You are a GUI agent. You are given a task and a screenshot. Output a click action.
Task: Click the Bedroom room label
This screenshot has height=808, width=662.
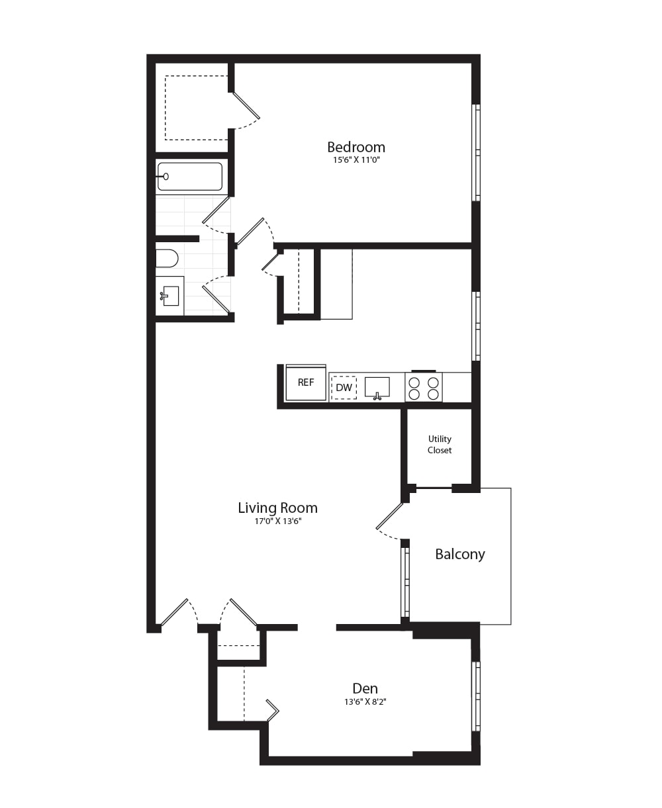pyautogui.click(x=355, y=147)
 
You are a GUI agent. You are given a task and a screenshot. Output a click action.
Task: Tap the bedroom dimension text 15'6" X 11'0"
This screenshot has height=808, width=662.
pyautogui.click(x=355, y=160)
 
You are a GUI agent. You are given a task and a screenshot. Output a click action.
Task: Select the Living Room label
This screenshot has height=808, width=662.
pyautogui.click(x=277, y=508)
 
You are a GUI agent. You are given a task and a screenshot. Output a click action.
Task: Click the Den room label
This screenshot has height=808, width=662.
pyautogui.click(x=365, y=688)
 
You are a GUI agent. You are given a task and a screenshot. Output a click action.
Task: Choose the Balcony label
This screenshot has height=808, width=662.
pyautogui.click(x=459, y=554)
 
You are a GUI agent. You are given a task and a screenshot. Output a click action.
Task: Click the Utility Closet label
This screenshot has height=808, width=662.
pyautogui.click(x=440, y=445)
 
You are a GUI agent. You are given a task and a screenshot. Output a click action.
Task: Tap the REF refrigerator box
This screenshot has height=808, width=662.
pyautogui.click(x=306, y=383)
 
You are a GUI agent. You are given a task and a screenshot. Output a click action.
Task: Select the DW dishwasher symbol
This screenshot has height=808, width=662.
pyautogui.click(x=344, y=388)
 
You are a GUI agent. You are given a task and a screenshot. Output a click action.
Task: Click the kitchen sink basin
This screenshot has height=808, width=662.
pyautogui.click(x=377, y=387)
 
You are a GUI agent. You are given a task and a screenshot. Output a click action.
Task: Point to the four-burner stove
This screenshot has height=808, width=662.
pyautogui.click(x=424, y=388)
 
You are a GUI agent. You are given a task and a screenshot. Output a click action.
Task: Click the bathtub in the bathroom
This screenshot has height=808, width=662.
pyautogui.click(x=189, y=176)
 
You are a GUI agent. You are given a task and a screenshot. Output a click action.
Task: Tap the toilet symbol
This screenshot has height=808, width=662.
pyautogui.click(x=166, y=258)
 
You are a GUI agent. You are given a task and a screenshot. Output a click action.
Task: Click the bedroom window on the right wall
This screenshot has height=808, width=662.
pyautogui.click(x=476, y=152)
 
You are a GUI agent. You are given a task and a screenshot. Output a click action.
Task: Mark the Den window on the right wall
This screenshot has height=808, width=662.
pyautogui.click(x=476, y=695)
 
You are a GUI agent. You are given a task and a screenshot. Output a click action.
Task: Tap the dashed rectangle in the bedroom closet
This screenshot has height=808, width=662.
pyautogui.click(x=196, y=108)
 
